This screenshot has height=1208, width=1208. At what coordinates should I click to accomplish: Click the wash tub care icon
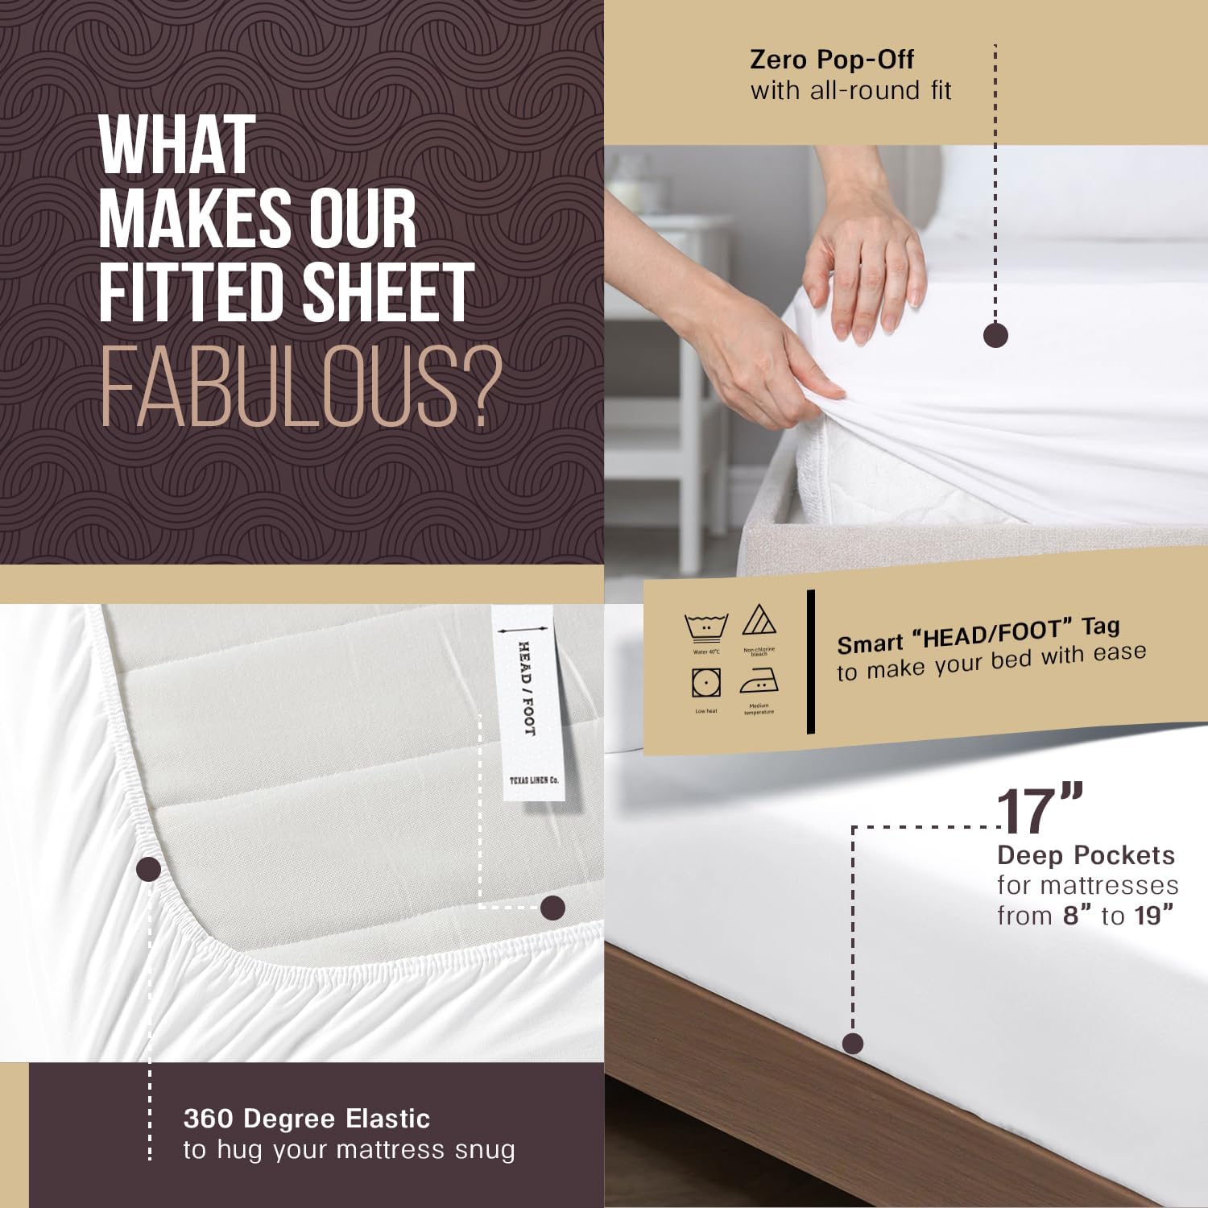(x=706, y=627)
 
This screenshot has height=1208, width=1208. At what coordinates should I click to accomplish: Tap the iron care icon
(x=759, y=682)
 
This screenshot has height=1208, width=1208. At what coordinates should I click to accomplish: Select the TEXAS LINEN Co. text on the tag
(x=533, y=780)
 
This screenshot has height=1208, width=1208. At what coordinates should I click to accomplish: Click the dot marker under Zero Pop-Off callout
(x=995, y=335)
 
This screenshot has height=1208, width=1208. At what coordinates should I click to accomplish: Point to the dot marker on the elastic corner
(x=149, y=869)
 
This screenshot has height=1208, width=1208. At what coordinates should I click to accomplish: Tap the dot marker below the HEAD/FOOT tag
(x=552, y=908)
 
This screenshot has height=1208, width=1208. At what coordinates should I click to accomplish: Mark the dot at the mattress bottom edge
(x=852, y=1044)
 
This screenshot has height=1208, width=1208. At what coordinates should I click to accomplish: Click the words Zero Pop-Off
(x=832, y=60)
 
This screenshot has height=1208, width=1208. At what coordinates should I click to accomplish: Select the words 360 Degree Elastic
(x=307, y=1119)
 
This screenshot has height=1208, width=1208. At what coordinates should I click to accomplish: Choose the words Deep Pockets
(x=1086, y=855)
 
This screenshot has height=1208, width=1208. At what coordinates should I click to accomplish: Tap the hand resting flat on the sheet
(x=866, y=266)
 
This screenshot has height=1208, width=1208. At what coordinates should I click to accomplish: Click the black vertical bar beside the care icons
(x=811, y=662)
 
